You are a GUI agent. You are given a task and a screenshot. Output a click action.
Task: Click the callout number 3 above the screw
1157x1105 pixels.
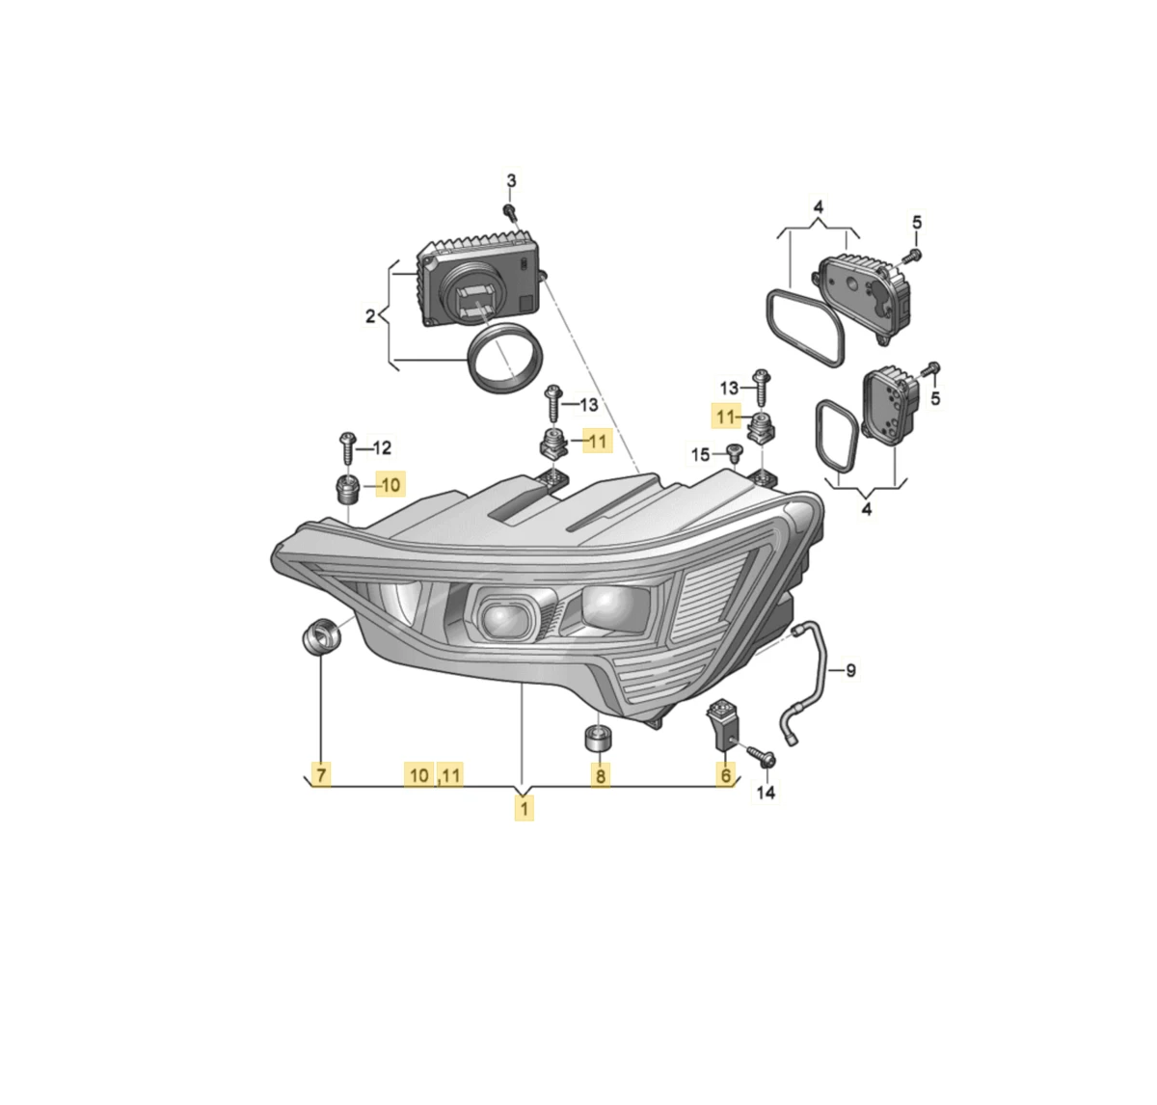tap(511, 181)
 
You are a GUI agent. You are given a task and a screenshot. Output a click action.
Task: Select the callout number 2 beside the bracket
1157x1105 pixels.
tap(370, 316)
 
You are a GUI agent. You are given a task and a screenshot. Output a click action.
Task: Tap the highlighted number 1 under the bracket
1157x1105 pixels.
tap(524, 809)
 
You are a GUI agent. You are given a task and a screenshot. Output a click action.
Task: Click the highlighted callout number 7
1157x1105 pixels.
tap(321, 775)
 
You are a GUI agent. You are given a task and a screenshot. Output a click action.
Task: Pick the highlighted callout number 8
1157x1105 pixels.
tap(601, 775)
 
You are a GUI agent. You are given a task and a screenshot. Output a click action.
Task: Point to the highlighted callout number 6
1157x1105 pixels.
tap(725, 775)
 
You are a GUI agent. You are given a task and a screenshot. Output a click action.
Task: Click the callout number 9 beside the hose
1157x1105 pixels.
tap(850, 671)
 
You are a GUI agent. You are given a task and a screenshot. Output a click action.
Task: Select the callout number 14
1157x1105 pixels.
tap(766, 793)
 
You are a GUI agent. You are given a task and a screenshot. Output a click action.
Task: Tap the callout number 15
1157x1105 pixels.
tap(700, 455)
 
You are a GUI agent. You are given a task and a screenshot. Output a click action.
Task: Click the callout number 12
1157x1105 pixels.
tap(382, 447)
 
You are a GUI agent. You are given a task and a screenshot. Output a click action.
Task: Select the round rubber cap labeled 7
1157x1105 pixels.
tap(320, 636)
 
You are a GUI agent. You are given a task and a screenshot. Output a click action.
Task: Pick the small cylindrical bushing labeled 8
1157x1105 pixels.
tap(600, 739)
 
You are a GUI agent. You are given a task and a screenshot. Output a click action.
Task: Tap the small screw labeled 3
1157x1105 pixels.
tap(510, 212)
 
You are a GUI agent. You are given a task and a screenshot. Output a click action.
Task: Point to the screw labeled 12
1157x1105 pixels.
tap(347, 448)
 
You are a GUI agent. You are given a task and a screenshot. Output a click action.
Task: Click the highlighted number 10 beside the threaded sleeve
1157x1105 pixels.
tap(390, 485)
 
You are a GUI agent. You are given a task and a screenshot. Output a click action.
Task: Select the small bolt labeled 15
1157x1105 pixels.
tap(735, 454)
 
